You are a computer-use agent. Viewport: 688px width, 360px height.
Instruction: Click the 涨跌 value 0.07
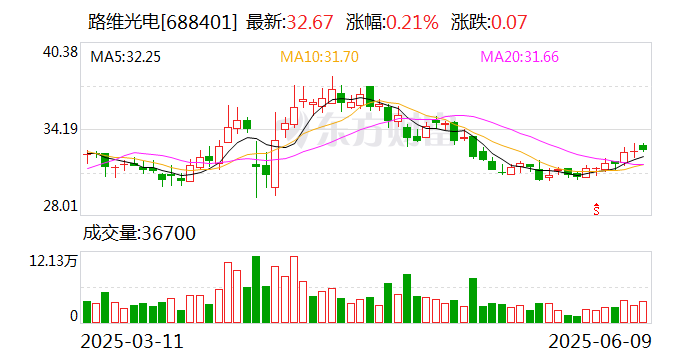click(x=507, y=22)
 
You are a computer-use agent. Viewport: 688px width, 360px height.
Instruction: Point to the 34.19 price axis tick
click(x=59, y=129)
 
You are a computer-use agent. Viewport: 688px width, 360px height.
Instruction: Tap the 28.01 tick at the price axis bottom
click(x=59, y=206)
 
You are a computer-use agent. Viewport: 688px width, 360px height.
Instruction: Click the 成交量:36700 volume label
click(x=138, y=234)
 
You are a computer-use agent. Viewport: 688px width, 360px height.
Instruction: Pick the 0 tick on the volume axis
click(x=73, y=316)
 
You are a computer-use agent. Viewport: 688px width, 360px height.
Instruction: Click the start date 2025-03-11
click(x=134, y=342)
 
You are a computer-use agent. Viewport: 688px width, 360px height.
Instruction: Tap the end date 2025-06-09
click(x=601, y=342)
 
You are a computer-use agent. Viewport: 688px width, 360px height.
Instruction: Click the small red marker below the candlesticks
click(x=597, y=208)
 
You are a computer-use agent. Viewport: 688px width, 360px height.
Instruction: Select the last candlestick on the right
click(x=643, y=148)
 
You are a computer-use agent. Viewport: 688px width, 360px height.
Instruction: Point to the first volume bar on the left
click(x=87, y=311)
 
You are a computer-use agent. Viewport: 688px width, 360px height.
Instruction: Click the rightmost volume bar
click(x=643, y=311)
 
